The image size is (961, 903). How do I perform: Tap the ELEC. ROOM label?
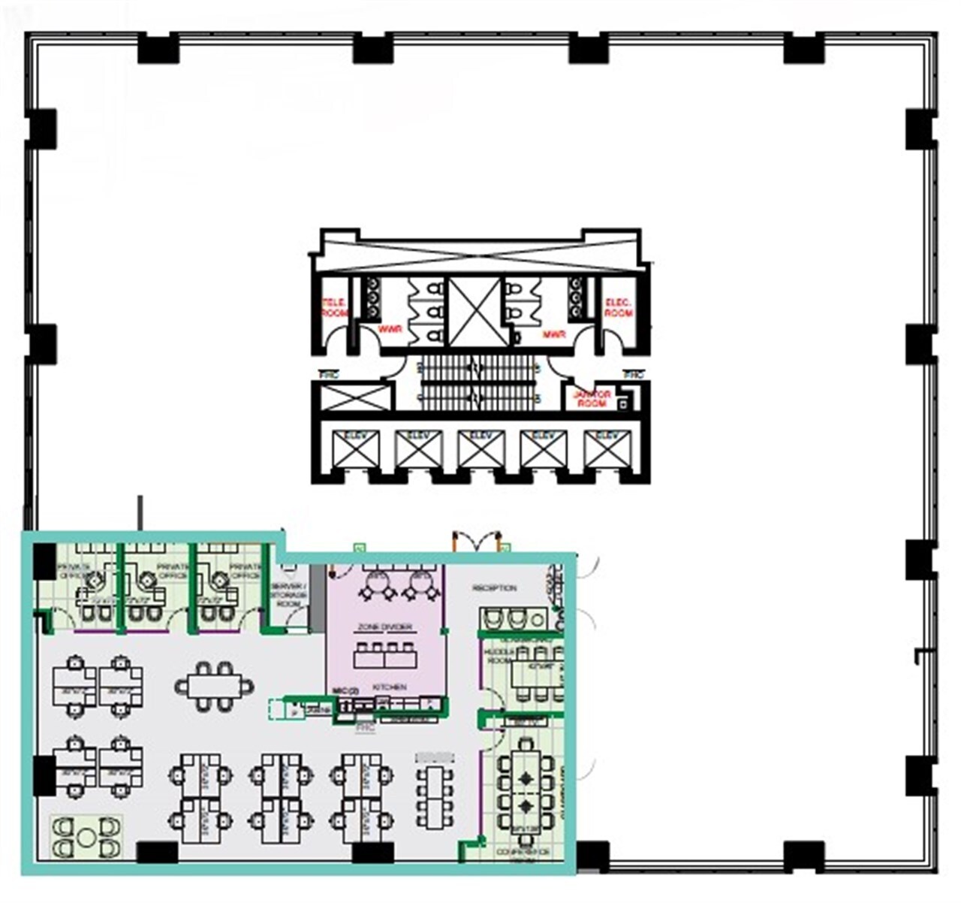[x=619, y=307]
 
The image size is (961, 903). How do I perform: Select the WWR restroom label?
[x=390, y=330]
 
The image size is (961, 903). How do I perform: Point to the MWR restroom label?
[x=554, y=334]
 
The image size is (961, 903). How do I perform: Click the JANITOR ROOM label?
[x=592, y=399]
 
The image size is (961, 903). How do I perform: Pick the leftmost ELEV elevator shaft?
[x=355, y=449]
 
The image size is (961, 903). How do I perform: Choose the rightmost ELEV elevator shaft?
[x=606, y=449]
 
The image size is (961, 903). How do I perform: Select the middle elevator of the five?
[x=480, y=449]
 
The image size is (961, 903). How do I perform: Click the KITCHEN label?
[x=389, y=687]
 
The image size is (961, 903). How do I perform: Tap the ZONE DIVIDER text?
[x=386, y=627]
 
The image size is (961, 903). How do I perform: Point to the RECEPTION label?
[x=494, y=588]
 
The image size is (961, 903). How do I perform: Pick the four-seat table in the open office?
[x=214, y=686]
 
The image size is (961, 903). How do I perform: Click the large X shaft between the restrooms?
[x=474, y=313]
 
